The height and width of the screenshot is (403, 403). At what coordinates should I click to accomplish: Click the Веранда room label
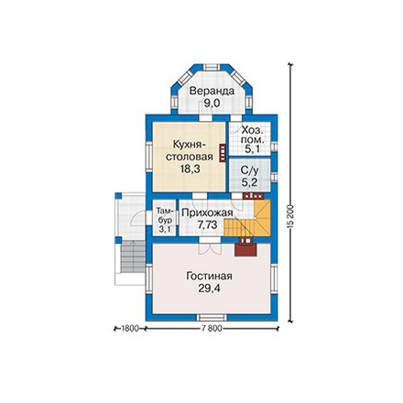point(212,91)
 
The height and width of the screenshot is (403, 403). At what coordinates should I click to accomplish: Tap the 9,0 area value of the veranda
point(212,103)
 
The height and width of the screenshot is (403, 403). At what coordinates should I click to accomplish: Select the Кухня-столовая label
point(189,150)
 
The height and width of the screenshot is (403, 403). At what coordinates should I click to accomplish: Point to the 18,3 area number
point(190,169)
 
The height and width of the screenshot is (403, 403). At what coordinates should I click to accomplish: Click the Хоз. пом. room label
point(252,135)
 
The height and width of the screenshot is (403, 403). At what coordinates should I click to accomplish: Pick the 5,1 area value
point(253,149)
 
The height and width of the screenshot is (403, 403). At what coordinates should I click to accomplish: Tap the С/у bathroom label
point(249,169)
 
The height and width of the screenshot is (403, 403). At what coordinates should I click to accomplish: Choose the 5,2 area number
point(249,182)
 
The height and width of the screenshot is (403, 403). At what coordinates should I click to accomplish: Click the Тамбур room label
point(165,215)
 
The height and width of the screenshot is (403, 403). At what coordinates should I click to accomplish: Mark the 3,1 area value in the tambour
point(165,229)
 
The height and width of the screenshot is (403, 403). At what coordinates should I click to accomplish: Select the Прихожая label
point(207,212)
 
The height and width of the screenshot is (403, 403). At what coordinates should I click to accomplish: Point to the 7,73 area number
point(207,225)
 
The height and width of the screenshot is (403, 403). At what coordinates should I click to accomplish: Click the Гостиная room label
point(209,276)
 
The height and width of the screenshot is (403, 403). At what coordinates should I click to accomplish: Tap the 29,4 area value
point(209,289)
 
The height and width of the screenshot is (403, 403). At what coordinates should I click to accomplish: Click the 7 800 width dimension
point(211,329)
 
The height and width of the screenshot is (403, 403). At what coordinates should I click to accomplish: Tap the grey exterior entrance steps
point(133,256)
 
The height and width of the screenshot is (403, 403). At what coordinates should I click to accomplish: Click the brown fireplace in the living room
point(245,247)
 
